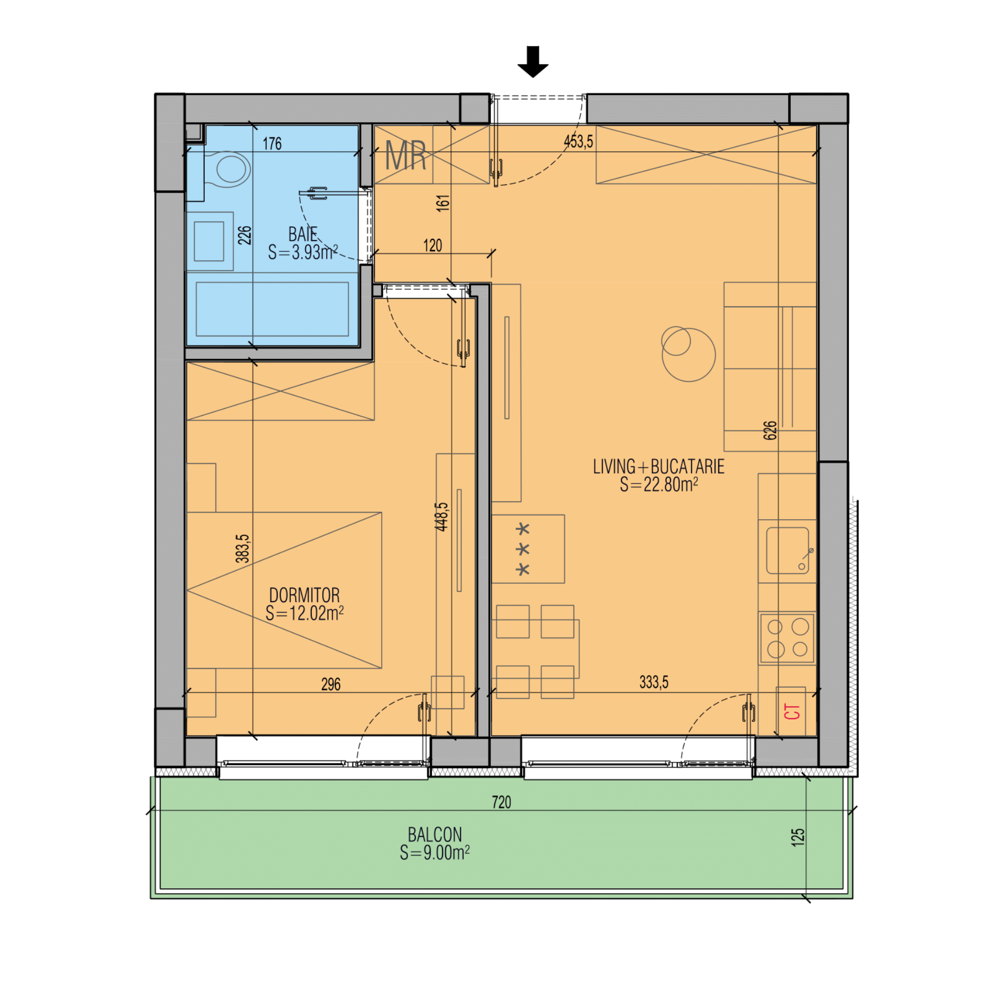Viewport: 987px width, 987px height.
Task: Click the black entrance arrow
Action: (x=532, y=61)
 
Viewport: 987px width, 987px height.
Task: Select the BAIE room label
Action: (x=303, y=234)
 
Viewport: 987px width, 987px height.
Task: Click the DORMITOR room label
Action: (x=304, y=595)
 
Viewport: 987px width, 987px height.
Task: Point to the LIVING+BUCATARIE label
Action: (x=659, y=467)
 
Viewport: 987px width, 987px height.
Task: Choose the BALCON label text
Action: (x=435, y=835)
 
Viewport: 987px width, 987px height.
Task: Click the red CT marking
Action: (x=792, y=712)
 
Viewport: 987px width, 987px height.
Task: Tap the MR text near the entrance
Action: (x=406, y=155)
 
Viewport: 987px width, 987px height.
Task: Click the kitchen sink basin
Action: (x=787, y=551)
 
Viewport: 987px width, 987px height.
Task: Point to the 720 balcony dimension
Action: (x=501, y=802)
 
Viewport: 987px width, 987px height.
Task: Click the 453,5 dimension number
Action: (x=579, y=141)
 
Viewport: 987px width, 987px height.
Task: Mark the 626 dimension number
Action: (x=770, y=430)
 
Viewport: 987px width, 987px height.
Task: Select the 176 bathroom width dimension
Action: (x=272, y=144)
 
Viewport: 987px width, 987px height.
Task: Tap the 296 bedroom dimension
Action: (x=331, y=685)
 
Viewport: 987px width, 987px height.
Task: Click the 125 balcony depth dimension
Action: (x=797, y=837)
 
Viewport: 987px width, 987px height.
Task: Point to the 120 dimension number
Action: (x=433, y=246)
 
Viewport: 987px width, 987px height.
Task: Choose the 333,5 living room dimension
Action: (x=654, y=682)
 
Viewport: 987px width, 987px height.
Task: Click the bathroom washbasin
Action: (x=209, y=241)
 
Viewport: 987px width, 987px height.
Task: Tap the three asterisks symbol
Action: (x=523, y=549)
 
